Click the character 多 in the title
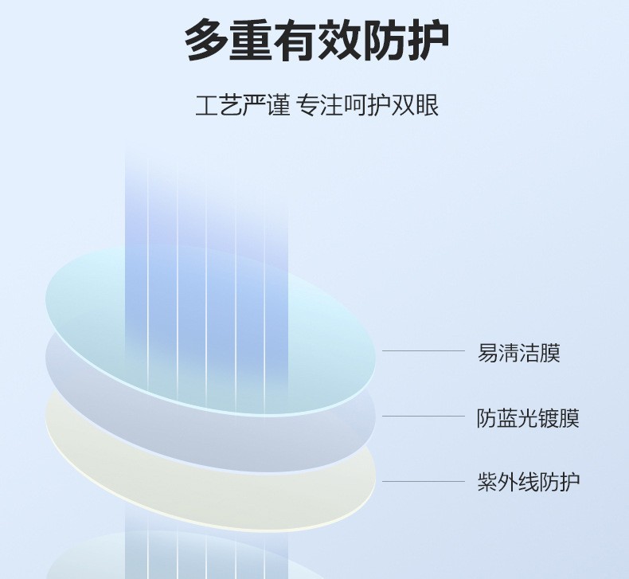point(205,41)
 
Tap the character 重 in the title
point(250,41)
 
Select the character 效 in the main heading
point(339,41)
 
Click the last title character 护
point(428,41)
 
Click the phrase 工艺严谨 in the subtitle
point(242,106)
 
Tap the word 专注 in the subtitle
point(320,106)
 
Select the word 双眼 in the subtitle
point(415,106)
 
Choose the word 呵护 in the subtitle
point(367,106)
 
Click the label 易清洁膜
point(518,353)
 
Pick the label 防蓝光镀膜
point(528,417)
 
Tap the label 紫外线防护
point(529,482)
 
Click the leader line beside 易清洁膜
point(424,350)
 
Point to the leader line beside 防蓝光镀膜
point(424,416)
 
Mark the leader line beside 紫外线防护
point(424,481)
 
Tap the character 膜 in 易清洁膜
point(550,353)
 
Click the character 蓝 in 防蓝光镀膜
point(507,417)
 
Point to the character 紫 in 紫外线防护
point(487,482)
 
